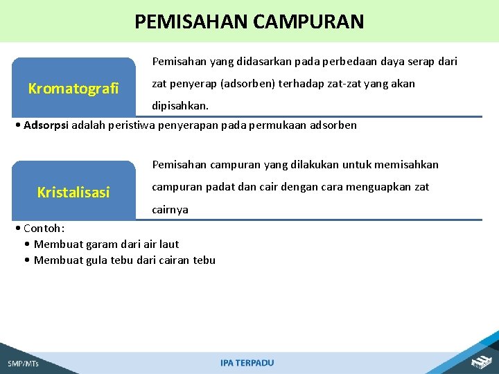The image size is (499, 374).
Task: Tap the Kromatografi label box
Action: (x=73, y=88)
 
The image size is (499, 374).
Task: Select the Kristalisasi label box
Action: (x=73, y=192)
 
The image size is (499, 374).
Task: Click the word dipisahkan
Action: (x=180, y=107)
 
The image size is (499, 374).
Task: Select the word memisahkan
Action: (x=408, y=165)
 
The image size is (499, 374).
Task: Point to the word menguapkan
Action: (x=373, y=187)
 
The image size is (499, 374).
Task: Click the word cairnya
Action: (x=170, y=210)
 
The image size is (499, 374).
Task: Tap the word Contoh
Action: (x=42, y=229)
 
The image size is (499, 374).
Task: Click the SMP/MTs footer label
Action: (x=23, y=364)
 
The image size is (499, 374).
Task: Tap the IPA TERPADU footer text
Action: (x=247, y=363)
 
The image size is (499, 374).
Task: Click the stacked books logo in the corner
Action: (x=481, y=361)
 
